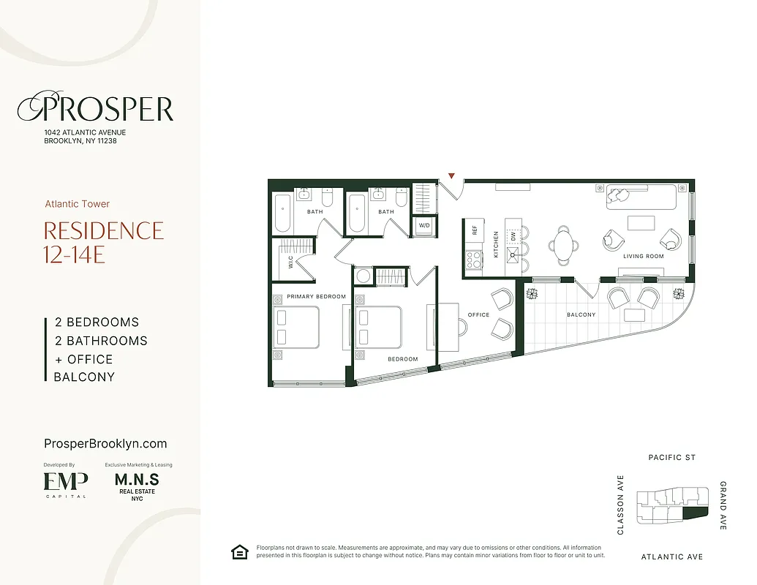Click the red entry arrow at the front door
pos(452,175)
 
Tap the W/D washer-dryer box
pos(424,226)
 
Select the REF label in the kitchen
pos(474,230)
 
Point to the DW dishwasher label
pos(514,235)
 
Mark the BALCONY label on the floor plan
pos(581,314)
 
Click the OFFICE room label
pos(478,315)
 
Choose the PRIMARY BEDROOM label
pos(316,296)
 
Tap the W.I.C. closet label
pos(290,263)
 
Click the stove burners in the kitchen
pos(473,258)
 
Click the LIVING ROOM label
pos(643,257)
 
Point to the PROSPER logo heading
pos(96,109)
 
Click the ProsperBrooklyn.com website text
pos(105,443)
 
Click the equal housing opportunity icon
pos(239,551)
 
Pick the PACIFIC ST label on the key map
pos(671,458)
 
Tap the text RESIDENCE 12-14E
pos(104,242)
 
